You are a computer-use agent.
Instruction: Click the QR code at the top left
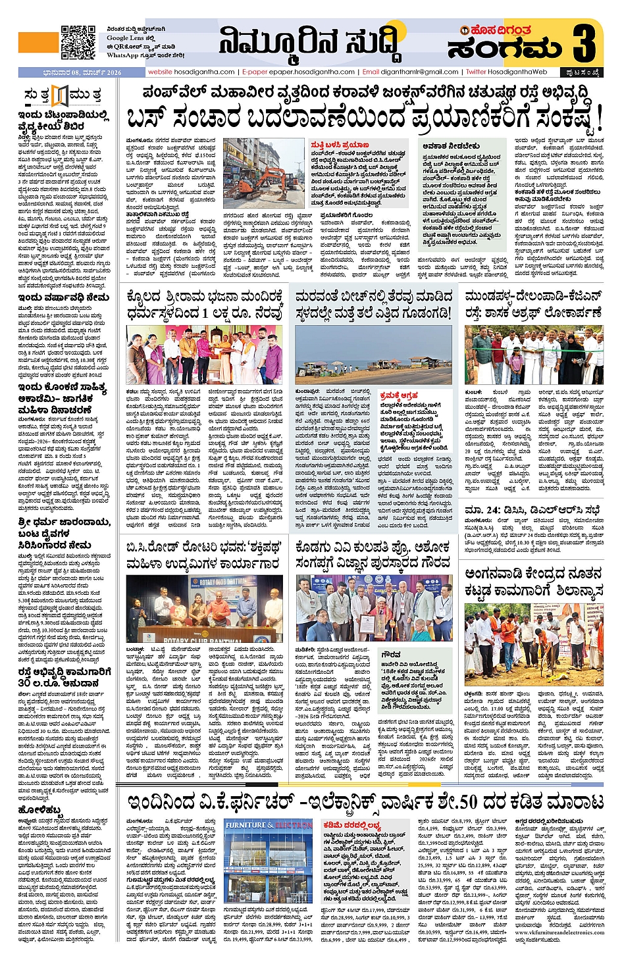(78, 43)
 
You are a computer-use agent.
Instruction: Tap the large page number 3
(584, 43)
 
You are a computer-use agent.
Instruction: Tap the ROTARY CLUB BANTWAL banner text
(204, 640)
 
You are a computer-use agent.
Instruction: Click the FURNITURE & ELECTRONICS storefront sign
(269, 824)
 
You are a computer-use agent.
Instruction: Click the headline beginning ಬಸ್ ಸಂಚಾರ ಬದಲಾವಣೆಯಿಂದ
(364, 118)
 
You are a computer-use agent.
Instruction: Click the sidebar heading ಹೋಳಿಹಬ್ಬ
(41, 809)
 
